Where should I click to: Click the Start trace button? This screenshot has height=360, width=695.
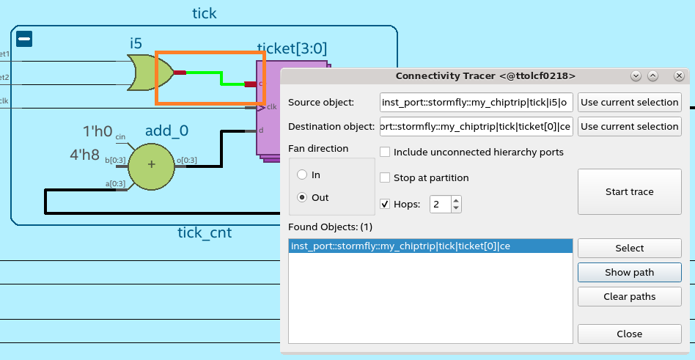pos(629,191)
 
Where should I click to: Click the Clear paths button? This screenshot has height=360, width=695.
pos(629,296)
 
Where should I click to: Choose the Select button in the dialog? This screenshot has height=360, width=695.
pos(629,248)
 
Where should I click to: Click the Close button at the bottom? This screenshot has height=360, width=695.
pos(629,334)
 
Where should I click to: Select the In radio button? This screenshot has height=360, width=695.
pos(301,175)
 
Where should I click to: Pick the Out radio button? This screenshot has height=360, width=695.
pos(301,197)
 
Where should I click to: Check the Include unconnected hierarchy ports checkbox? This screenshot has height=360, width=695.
pos(385,153)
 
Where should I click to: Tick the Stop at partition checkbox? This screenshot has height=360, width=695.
pos(385,177)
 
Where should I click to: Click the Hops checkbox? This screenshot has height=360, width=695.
pos(385,204)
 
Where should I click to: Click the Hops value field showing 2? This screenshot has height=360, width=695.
pos(440,204)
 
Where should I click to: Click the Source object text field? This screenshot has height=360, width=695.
pos(476,102)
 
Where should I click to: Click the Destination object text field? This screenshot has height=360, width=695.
pos(476,127)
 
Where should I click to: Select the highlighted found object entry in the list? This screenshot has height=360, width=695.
pos(430,246)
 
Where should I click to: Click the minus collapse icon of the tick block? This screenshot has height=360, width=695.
pos(23,39)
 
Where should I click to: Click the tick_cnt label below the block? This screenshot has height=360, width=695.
pos(205,233)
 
